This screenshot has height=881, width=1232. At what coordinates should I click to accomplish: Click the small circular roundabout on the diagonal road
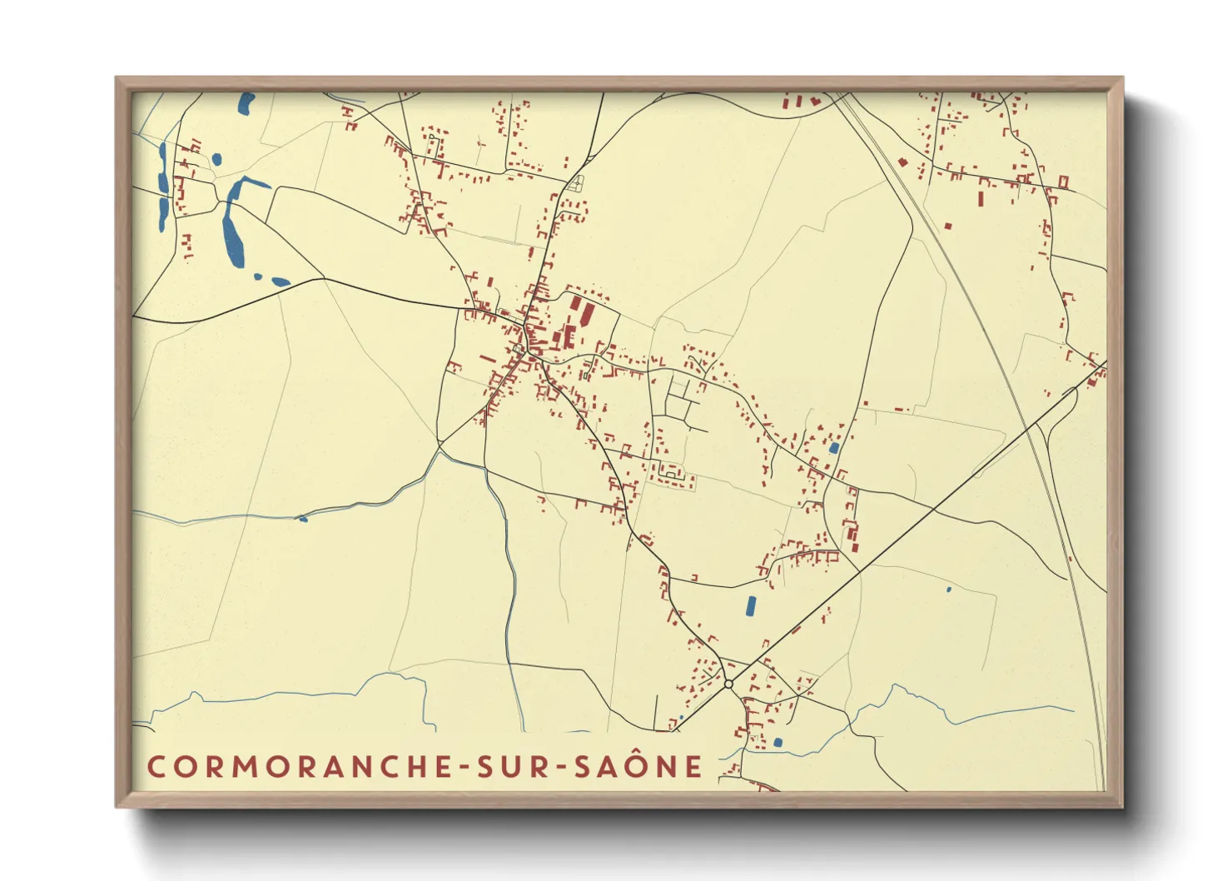pyautogui.click(x=728, y=684)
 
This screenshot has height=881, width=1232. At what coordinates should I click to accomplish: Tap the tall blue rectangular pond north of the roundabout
pyautogui.click(x=751, y=605)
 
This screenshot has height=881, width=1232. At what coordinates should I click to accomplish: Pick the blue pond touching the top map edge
pyautogui.click(x=246, y=104)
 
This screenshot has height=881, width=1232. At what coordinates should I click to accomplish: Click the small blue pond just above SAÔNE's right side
pyautogui.click(x=777, y=742)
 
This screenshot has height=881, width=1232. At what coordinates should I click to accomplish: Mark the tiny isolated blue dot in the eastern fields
pyautogui.click(x=948, y=590)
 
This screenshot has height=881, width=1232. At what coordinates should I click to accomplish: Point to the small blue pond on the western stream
pyautogui.click(x=302, y=519)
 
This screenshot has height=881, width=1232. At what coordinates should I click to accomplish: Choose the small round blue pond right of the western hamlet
pyautogui.click(x=216, y=158)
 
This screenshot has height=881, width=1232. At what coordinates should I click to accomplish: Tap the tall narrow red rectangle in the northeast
pyautogui.click(x=981, y=199)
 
